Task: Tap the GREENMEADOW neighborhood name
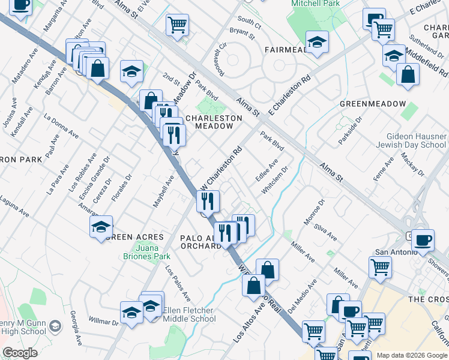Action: click(373, 104)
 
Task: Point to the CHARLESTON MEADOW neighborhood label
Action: click(213, 122)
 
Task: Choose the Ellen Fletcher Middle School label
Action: click(188, 314)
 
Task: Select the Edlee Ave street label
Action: click(267, 170)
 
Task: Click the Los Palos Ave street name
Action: click(178, 283)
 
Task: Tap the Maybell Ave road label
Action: click(163, 191)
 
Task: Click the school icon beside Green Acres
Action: click(101, 227)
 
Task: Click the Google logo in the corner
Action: click(20, 353)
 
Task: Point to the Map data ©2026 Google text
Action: click(411, 355)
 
